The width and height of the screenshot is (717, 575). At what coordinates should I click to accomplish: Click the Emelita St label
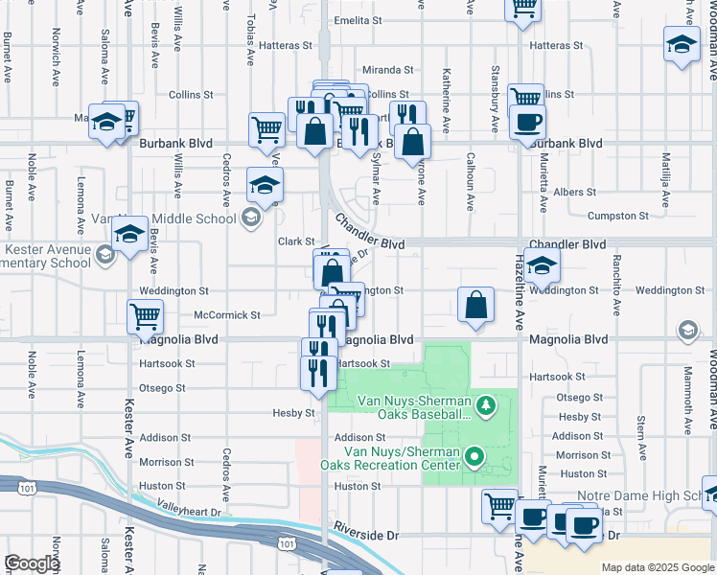pyautogui.click(x=358, y=20)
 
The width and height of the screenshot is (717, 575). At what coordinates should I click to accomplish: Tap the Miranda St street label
pyautogui.click(x=387, y=70)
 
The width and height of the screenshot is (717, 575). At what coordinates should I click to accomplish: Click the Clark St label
pyautogui.click(x=296, y=241)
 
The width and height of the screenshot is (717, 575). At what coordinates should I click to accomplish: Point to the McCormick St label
pyautogui.click(x=226, y=315)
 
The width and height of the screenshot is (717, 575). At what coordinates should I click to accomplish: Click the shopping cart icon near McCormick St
pyautogui.click(x=145, y=316)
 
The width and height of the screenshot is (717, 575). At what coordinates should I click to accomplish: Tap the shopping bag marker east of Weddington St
pyautogui.click(x=475, y=306)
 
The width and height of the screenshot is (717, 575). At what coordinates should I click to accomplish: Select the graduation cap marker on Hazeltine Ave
pyautogui.click(x=542, y=267)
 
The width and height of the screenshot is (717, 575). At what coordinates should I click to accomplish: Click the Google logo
pyautogui.click(x=32, y=563)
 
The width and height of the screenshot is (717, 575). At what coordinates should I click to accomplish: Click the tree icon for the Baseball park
pyautogui.click(x=486, y=407)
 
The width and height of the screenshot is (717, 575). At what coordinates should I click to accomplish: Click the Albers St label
pyautogui.click(x=574, y=193)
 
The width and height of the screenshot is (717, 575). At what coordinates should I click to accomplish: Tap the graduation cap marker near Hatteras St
pyautogui.click(x=682, y=44)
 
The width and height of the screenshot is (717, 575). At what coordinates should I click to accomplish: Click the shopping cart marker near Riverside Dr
pyautogui.click(x=499, y=506)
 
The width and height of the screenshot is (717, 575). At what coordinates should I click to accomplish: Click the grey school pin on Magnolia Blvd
pyautogui.click(x=687, y=332)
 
